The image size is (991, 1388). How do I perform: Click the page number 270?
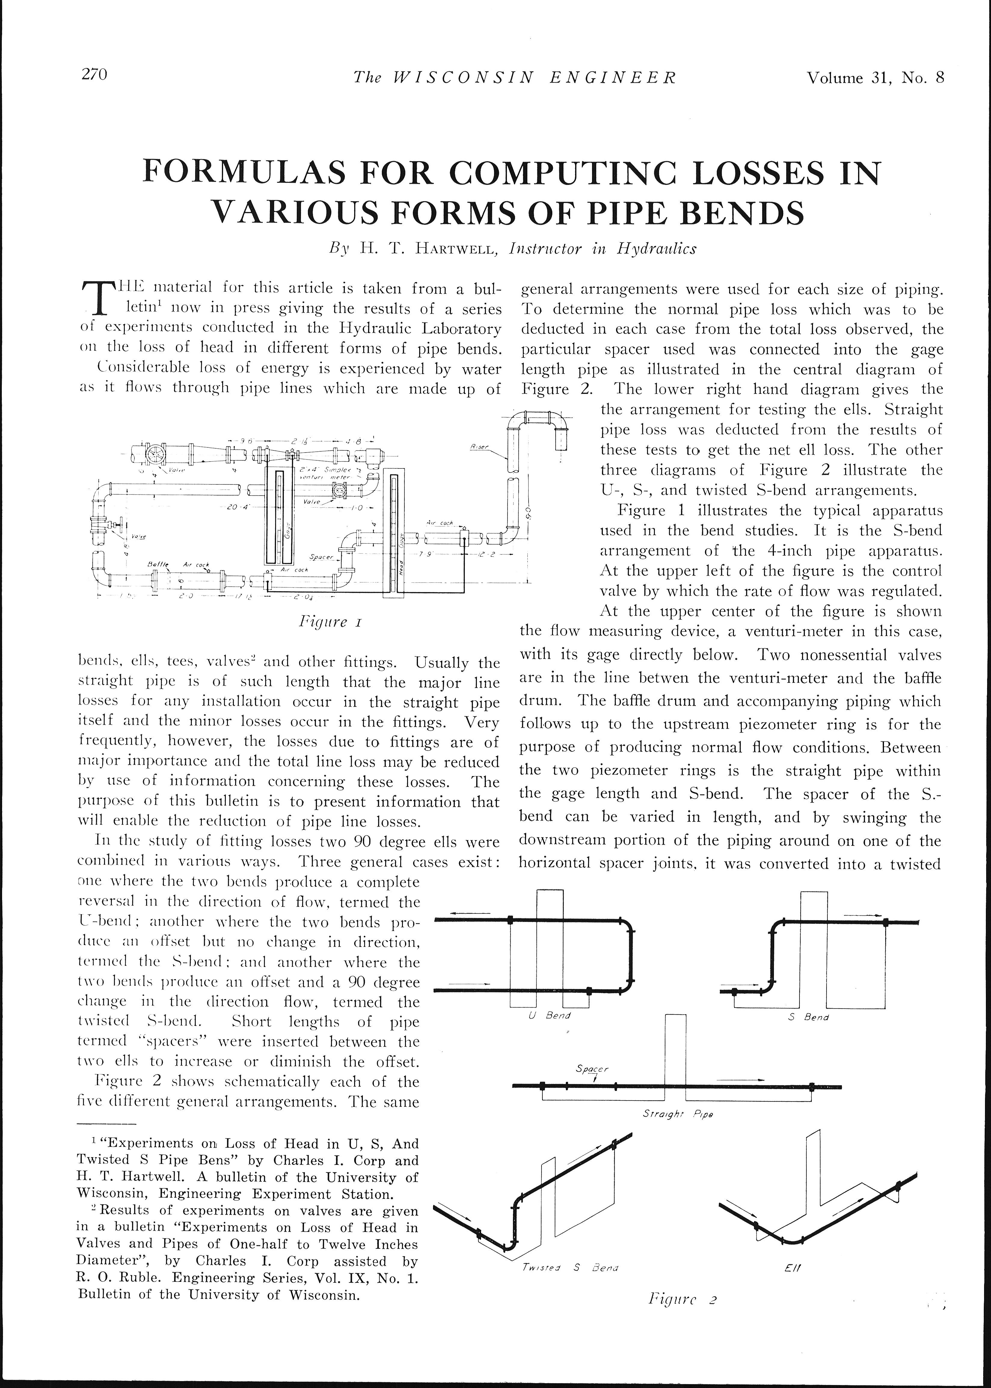point(95,75)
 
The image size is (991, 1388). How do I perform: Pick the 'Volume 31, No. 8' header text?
point(875,78)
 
